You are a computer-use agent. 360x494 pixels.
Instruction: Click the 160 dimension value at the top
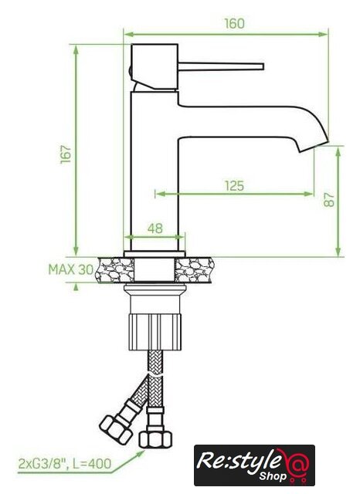(x=234, y=24)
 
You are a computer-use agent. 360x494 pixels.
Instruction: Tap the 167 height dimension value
(x=66, y=154)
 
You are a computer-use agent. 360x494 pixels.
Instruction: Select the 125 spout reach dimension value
(x=235, y=186)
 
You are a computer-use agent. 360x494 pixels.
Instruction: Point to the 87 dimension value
(x=329, y=199)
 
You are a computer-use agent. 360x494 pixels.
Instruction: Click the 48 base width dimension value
(x=155, y=228)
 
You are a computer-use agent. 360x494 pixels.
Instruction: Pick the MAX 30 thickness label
(x=71, y=269)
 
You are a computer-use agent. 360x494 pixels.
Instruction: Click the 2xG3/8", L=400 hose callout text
(x=65, y=464)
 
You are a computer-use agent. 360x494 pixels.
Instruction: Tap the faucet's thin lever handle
(x=221, y=66)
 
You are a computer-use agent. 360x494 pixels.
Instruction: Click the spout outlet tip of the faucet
(x=314, y=147)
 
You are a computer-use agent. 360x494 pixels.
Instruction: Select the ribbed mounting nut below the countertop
(x=155, y=331)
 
